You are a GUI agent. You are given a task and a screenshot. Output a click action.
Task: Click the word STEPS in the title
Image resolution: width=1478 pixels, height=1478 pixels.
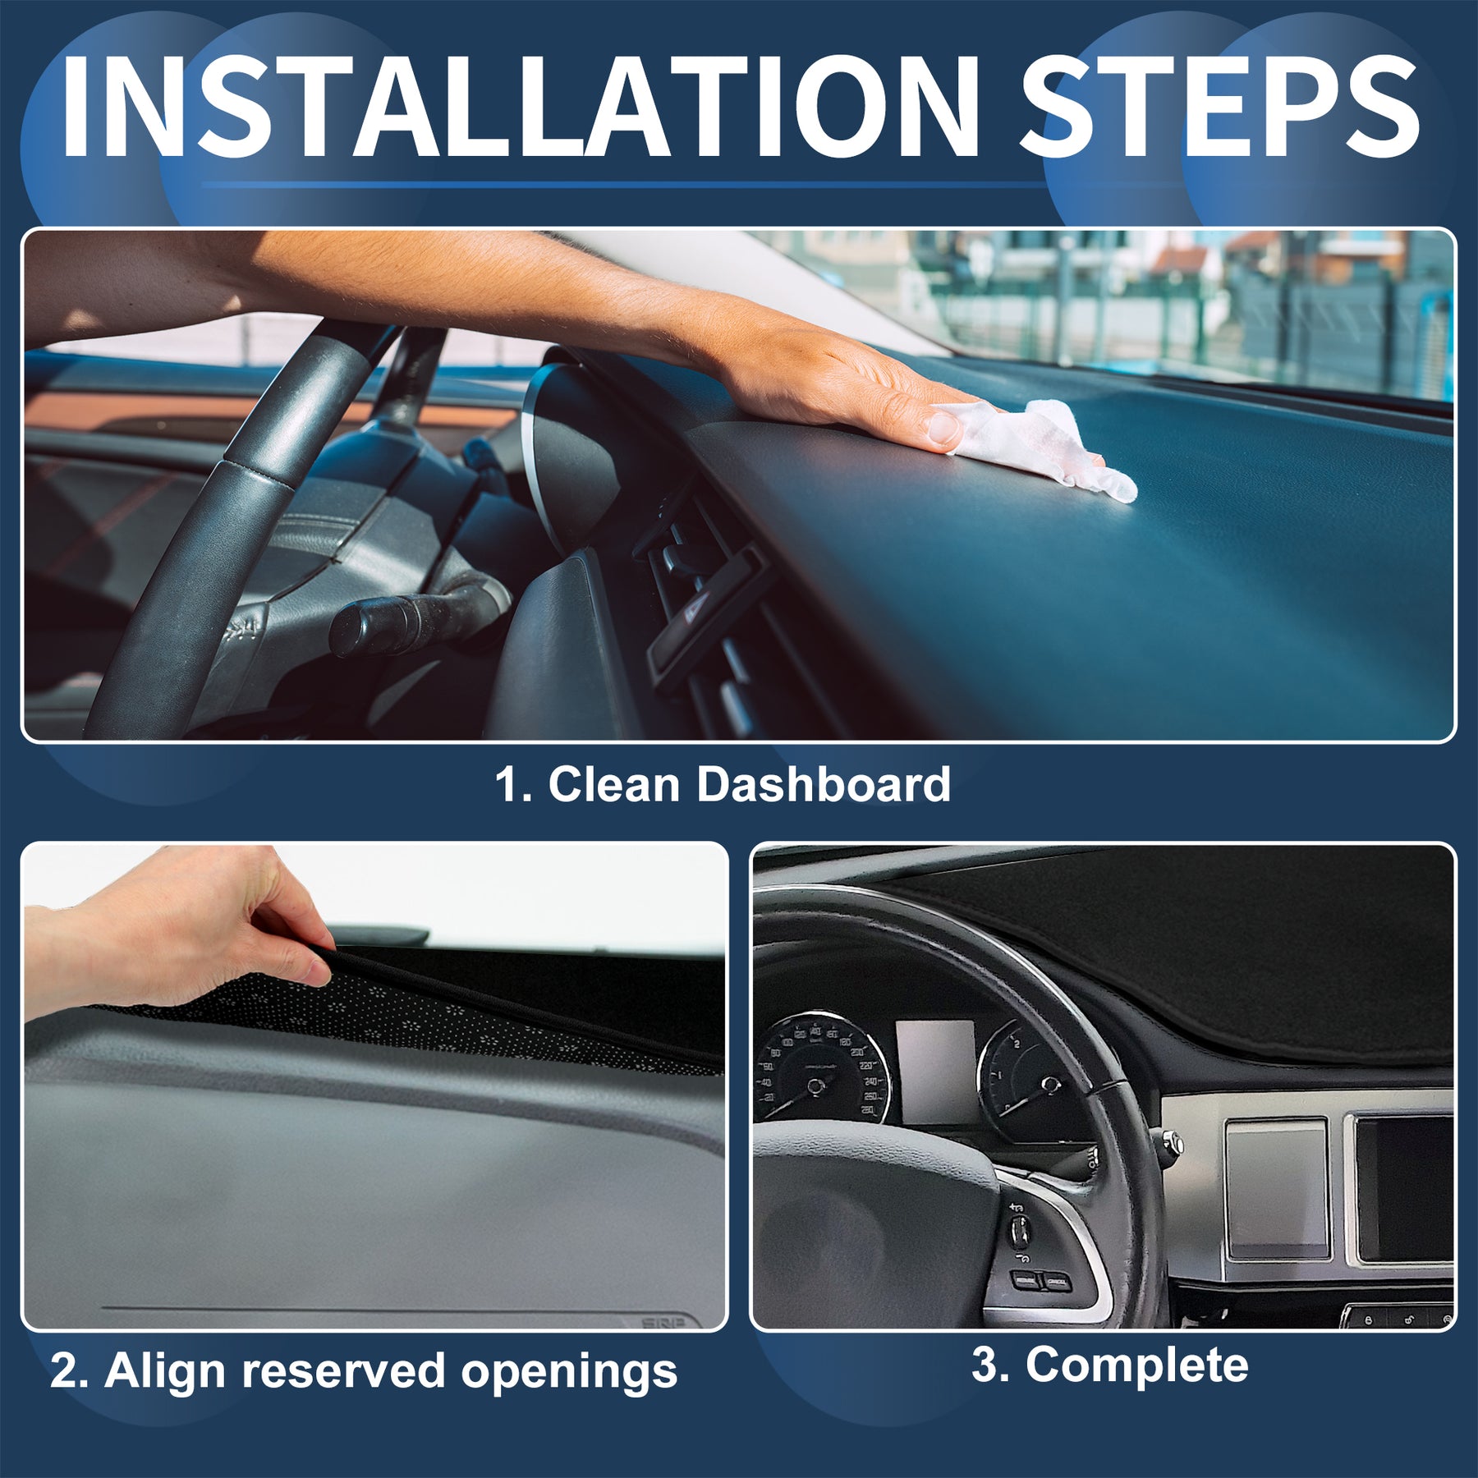[x=1219, y=108]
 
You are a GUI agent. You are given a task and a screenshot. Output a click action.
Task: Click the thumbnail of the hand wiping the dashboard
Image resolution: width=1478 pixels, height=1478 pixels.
[x=738, y=484]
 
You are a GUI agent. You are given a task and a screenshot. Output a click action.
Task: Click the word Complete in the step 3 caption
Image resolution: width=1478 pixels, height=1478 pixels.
[x=1136, y=1365]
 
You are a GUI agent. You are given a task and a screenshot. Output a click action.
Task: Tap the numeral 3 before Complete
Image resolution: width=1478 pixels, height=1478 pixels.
[x=984, y=1365]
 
